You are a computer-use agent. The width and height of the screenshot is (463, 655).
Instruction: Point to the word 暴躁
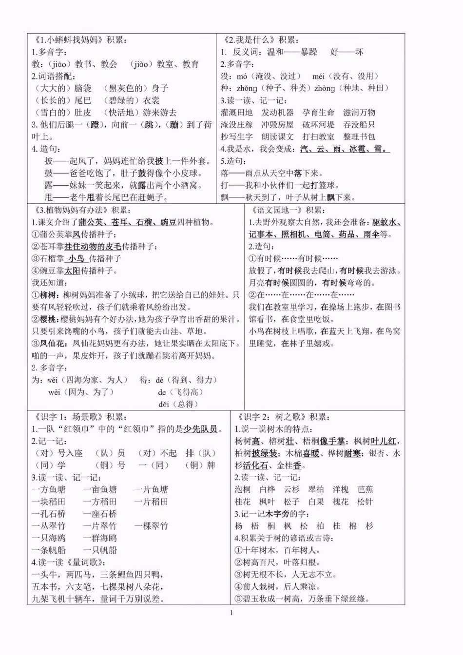click(x=309, y=52)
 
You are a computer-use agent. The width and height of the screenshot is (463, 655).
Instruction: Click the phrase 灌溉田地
click(x=236, y=113)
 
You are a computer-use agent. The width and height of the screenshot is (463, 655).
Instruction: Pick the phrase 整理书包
click(x=359, y=137)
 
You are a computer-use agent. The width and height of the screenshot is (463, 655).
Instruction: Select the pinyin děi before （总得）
click(x=165, y=404)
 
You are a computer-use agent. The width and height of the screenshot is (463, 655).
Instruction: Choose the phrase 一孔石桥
click(x=48, y=514)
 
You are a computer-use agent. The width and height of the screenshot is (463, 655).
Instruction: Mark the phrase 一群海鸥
click(x=99, y=538)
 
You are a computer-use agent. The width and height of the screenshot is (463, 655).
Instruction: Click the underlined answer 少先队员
click(x=200, y=429)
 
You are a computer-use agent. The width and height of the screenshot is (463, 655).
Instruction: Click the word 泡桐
click(x=242, y=489)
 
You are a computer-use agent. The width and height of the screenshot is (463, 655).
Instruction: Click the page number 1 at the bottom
click(x=231, y=613)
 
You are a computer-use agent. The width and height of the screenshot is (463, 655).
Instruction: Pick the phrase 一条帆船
click(x=48, y=550)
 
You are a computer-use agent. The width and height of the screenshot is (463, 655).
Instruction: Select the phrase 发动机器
click(x=277, y=113)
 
